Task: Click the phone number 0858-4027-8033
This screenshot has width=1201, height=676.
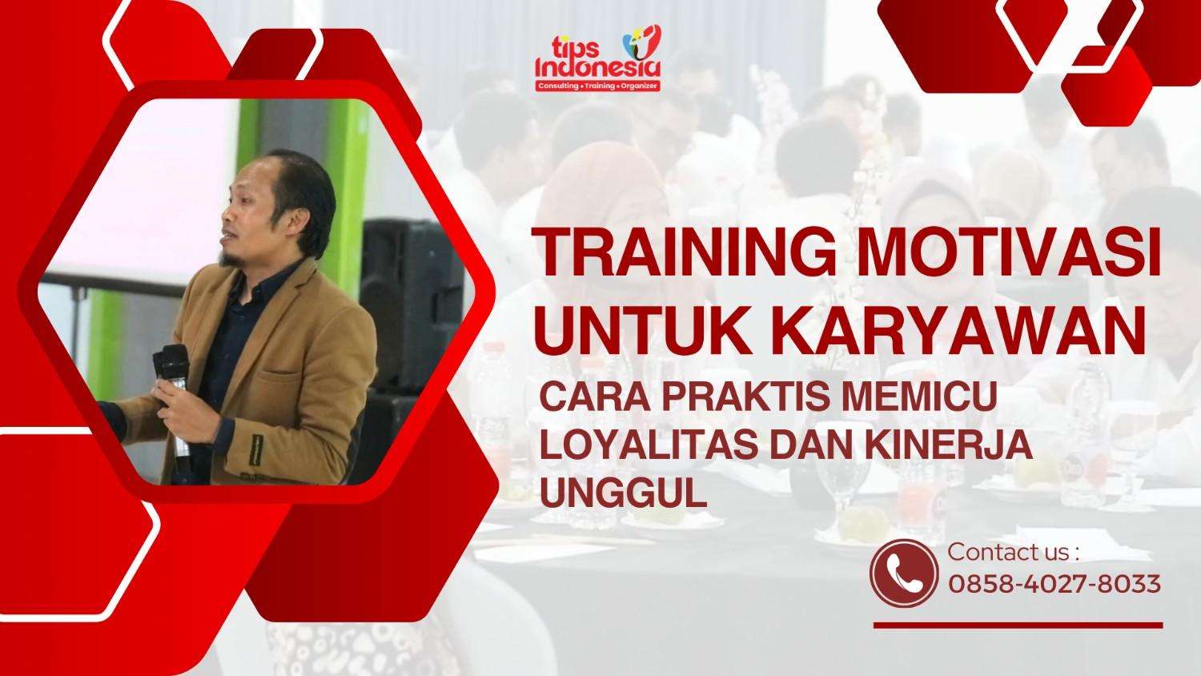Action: point(1054,584)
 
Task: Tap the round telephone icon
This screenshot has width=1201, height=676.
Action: point(904,571)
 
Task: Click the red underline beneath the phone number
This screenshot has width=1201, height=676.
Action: point(1017,625)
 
